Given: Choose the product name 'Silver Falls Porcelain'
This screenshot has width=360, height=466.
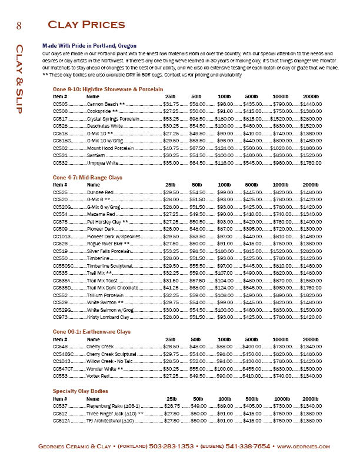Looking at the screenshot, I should pyautogui.click(x=109, y=251).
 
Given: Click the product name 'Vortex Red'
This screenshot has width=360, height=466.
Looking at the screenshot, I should pyautogui.click(x=99, y=376).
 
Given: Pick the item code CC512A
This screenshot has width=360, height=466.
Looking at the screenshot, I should pyautogui.click(x=61, y=420).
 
